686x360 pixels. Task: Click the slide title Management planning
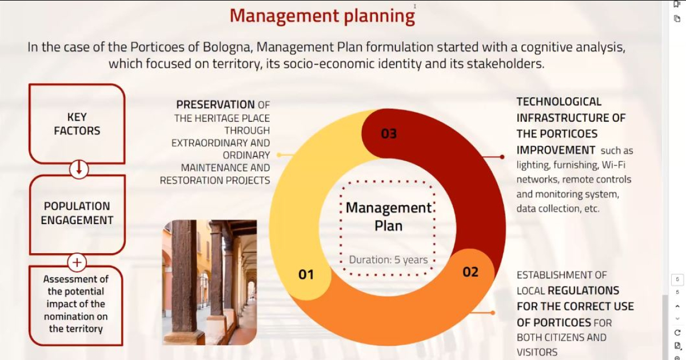pos(322,16)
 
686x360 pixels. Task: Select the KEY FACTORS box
pos(77,124)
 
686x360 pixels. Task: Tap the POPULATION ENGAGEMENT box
pos(77,213)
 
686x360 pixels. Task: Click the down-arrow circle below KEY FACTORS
pos(79,169)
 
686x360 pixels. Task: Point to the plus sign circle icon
pos(77,263)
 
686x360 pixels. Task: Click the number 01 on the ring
pos(306,275)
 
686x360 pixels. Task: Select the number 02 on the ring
pos(470,272)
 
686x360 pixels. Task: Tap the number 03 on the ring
pos(389,134)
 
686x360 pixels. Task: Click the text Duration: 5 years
pos(388,259)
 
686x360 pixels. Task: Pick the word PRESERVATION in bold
pos(215,105)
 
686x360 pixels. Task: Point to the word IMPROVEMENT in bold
pos(556,150)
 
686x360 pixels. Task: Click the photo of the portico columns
pos(209,282)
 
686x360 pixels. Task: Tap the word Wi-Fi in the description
pos(615,165)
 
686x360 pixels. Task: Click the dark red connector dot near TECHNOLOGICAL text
pos(502,157)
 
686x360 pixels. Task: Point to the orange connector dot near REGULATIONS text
pos(493,313)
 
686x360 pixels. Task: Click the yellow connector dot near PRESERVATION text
pos(278,155)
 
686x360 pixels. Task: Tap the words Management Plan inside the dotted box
pos(389,217)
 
